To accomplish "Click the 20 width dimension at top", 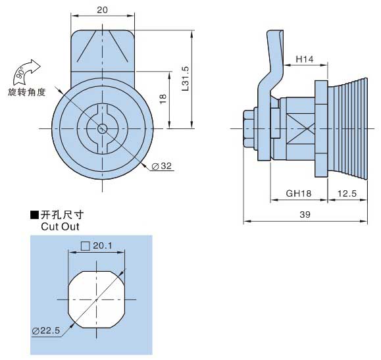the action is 102,11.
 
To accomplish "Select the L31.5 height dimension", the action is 186,78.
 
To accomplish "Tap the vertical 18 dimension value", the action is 163,99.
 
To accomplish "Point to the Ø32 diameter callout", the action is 162,166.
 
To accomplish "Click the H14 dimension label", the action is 305,59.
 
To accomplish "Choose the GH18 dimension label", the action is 298,193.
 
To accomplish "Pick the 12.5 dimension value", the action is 347,193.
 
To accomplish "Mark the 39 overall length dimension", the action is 305,215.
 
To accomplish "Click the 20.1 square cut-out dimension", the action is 103,245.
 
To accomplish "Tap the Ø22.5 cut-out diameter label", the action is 46,330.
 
